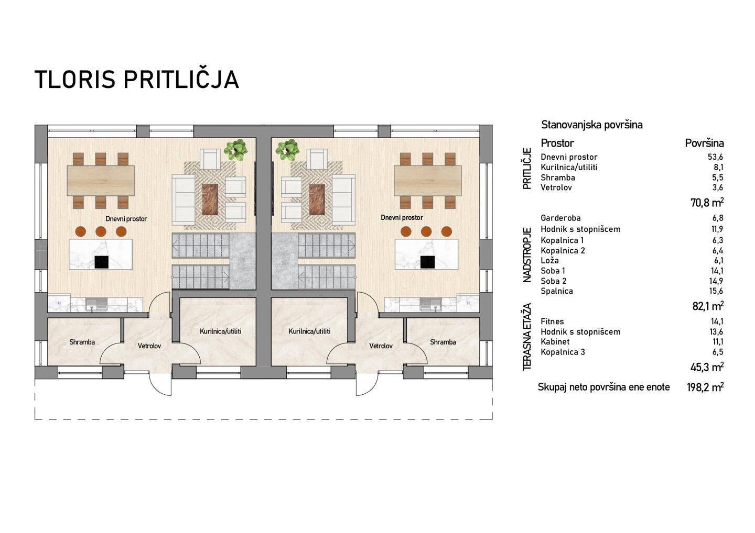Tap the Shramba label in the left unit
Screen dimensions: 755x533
pyautogui.click(x=82, y=342)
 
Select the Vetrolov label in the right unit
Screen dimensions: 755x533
pyautogui.click(x=381, y=346)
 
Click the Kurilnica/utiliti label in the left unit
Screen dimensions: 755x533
pyautogui.click(x=220, y=331)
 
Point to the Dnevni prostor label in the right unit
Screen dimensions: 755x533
pyautogui.click(x=402, y=218)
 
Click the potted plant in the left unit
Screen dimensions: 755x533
pyautogui.click(x=236, y=150)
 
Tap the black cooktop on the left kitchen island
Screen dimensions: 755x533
pyautogui.click(x=101, y=262)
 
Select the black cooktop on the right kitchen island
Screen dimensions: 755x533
pyautogui.click(x=427, y=262)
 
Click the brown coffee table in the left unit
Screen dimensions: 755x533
pyautogui.click(x=210, y=199)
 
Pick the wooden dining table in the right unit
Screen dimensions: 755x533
pyautogui.click(x=427, y=180)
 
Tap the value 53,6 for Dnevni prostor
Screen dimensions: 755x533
pyautogui.click(x=715, y=157)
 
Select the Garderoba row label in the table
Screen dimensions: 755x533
pyautogui.click(x=560, y=218)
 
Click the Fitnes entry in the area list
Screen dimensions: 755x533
pyautogui.click(x=552, y=321)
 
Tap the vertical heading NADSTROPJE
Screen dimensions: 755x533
pyautogui.click(x=527, y=255)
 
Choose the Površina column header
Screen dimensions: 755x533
pyautogui.click(x=705, y=143)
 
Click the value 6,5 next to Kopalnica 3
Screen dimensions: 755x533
pyautogui.click(x=718, y=352)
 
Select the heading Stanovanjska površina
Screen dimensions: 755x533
pyautogui.click(x=592, y=125)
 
